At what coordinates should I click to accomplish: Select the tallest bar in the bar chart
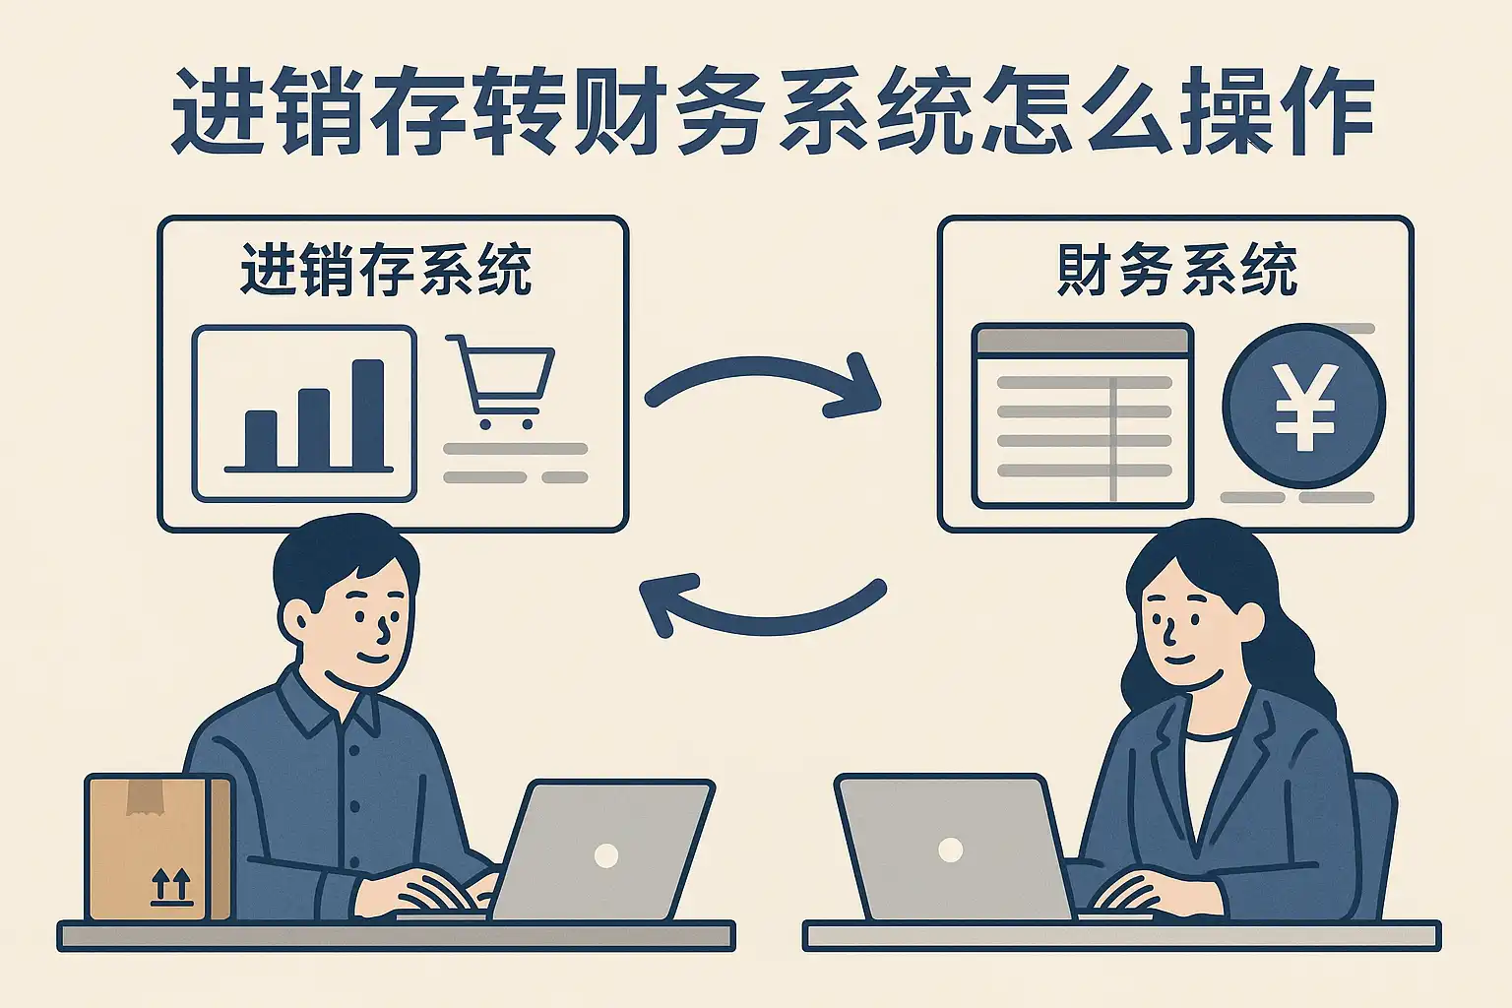pos(368,413)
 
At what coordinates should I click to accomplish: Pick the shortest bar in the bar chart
pos(260,439)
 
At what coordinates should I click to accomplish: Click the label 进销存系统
pos(386,270)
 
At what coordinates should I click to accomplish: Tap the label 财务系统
pos(1177,270)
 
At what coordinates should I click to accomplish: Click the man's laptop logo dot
pos(606,855)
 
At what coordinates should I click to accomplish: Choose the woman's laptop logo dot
pos(950,850)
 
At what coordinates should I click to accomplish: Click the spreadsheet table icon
pos(1082,415)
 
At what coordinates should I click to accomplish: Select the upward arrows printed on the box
pos(170,886)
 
